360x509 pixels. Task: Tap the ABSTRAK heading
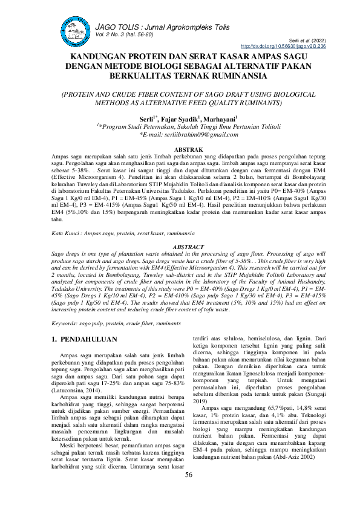point(180,149)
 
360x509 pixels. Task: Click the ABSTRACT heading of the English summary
point(180,247)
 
